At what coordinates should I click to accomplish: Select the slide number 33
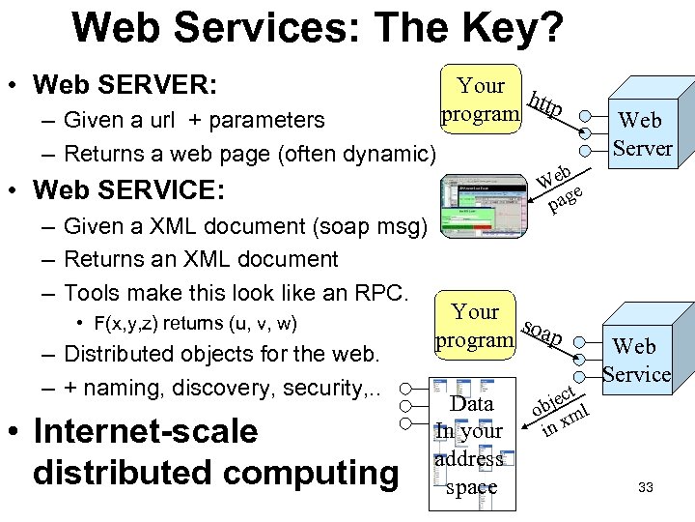tap(646, 488)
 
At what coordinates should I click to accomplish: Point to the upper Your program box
tap(480, 100)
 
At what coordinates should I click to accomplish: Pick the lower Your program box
tap(474, 326)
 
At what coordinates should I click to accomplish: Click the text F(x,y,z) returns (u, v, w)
tap(194, 323)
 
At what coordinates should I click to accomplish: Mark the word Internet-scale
tap(145, 431)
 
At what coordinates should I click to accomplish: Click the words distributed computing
tap(214, 473)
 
